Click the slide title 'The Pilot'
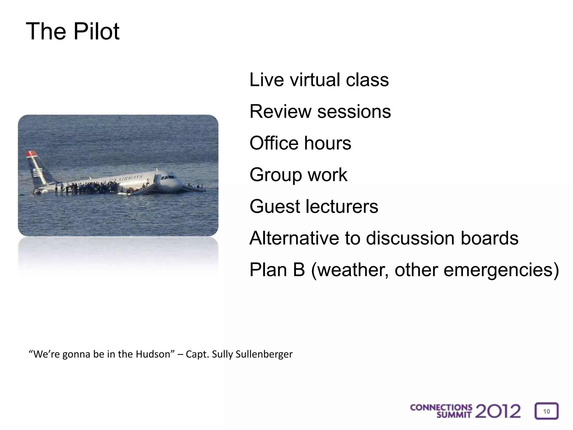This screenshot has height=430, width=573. (72, 31)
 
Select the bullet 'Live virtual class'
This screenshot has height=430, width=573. (319, 80)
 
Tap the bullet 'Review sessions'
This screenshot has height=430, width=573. (320, 111)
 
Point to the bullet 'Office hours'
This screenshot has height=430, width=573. (300, 143)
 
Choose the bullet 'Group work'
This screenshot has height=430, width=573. (298, 175)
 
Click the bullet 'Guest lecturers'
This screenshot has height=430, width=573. (314, 206)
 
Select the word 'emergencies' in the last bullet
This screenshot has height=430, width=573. (501, 270)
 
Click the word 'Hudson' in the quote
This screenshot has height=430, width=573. (153, 354)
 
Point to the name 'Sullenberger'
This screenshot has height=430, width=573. (264, 354)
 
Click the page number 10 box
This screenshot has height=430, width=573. (546, 411)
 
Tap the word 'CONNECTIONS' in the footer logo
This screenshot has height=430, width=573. (441, 408)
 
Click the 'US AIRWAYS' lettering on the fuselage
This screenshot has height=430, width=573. (126, 178)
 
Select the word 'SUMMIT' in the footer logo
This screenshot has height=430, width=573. (454, 415)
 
